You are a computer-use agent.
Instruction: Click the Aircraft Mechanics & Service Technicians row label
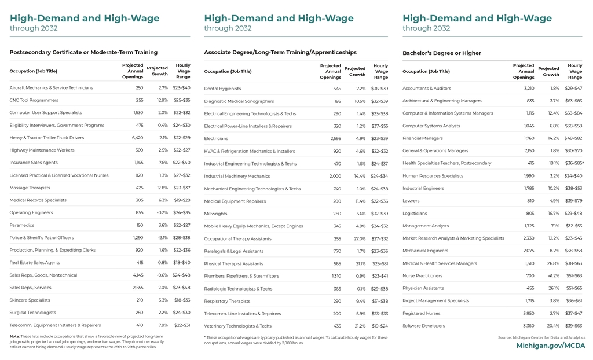pos(51,88)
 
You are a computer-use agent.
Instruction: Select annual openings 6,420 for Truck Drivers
pos(137,138)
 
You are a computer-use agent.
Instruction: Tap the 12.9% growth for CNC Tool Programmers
pos(162,100)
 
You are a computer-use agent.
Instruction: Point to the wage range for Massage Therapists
pos(181,188)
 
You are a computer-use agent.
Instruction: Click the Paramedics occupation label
pos(23,225)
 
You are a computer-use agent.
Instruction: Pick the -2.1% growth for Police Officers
pos(162,238)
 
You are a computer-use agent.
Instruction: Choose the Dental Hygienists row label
pos(222,89)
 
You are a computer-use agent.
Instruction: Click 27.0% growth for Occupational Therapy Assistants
pos(360,239)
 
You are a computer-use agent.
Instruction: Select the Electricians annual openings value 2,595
pos(335,139)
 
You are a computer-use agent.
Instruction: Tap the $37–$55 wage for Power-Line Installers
pos(379,126)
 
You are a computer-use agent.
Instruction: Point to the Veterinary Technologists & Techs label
pos(237,326)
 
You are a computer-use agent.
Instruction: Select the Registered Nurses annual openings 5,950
pos(528,314)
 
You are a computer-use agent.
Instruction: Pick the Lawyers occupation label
pos(411,201)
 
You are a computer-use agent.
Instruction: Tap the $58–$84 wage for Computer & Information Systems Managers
pos(573,113)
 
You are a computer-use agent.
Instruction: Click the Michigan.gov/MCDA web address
pos(550,346)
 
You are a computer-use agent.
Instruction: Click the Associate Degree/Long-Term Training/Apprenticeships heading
pos(280,53)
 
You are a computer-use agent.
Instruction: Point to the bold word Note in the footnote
pos(14,336)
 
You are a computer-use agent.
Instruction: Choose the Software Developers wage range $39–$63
pos(573,326)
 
